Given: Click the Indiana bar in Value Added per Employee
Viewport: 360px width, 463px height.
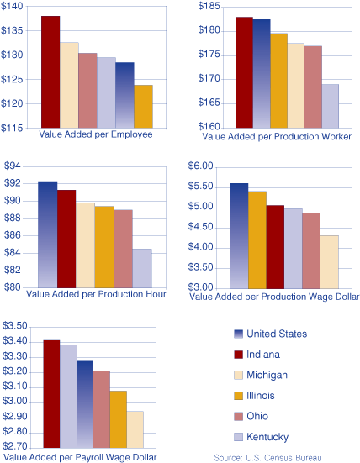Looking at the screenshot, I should (50, 72).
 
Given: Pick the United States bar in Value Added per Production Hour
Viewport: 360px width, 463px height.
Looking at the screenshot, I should (48, 234).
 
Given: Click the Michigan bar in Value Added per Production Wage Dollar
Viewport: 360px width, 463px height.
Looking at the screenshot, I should (329, 261).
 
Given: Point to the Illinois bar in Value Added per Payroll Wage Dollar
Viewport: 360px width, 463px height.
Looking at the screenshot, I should (119, 419).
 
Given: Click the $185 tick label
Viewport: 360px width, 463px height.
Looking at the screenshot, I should (209, 7).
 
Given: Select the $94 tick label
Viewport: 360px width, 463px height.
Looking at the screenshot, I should (17, 166).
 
